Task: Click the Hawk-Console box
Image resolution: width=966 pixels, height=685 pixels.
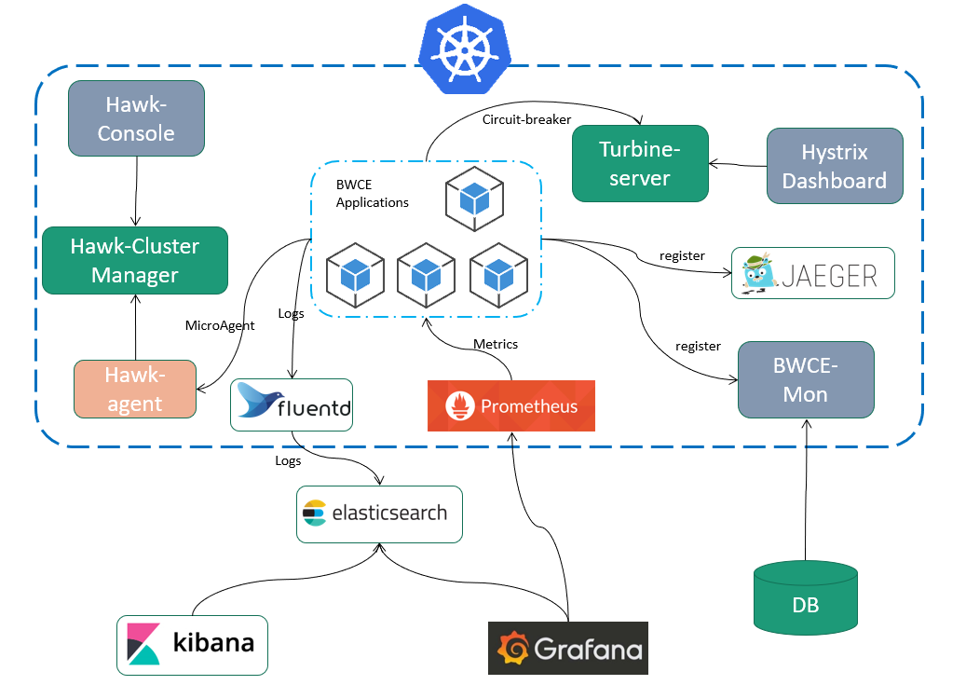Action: tap(136, 118)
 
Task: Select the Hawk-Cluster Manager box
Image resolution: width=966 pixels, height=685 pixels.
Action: tap(135, 261)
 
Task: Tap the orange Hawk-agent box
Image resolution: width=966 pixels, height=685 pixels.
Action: tap(135, 389)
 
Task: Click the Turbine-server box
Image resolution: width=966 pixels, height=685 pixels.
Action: tap(640, 164)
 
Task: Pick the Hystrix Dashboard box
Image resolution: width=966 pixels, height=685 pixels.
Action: tap(834, 166)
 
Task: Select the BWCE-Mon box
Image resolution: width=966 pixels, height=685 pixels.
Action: tap(805, 379)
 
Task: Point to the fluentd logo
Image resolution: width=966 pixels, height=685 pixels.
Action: tap(292, 404)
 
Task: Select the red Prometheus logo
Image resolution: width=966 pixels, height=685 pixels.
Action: tap(510, 405)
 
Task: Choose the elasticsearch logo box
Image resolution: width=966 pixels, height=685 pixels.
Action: tap(379, 514)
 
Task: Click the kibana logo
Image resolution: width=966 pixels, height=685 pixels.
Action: tap(192, 644)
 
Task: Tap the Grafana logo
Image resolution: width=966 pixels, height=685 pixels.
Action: tap(567, 648)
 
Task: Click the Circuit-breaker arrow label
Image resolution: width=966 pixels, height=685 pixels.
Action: tap(526, 119)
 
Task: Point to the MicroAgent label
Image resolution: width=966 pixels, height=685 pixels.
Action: tap(219, 325)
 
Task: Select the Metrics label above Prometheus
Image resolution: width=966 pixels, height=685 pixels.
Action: tap(496, 344)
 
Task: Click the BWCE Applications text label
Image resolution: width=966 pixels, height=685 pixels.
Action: tap(372, 194)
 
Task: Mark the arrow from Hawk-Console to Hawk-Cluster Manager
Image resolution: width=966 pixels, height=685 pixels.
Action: tap(137, 191)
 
